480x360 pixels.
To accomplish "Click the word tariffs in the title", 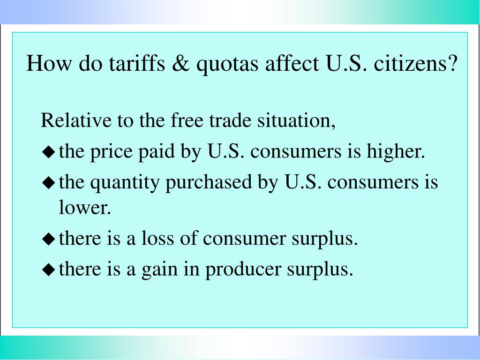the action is pos(137,63).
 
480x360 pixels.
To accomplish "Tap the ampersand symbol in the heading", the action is pos(180,63).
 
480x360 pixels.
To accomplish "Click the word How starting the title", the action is pos(49,63).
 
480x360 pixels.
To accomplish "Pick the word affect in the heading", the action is pos(292,63).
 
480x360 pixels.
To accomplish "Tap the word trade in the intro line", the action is pos(230,120).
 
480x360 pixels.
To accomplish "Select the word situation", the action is pos(296,120).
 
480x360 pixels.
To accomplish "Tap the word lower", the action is pos(84,207).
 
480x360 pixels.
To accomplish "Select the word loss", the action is pos(157,238).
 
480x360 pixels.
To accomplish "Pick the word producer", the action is pos(243,270).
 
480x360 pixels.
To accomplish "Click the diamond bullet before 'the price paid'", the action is pos(49,152).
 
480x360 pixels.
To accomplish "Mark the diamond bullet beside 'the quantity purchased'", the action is pos(49,183).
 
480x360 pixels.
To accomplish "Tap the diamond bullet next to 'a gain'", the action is pos(49,270).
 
